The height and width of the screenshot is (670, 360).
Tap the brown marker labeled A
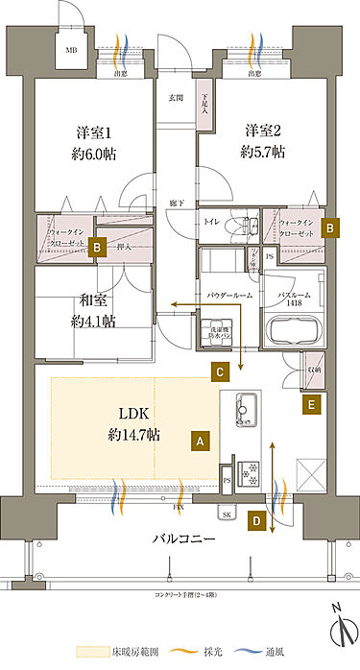pyautogui.click(x=200, y=441)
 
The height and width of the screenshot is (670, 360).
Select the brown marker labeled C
pyautogui.click(x=220, y=371)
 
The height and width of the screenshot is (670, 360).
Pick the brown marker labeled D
pyautogui.click(x=255, y=521)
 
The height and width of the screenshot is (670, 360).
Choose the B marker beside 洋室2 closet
pyautogui.click(x=329, y=228)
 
